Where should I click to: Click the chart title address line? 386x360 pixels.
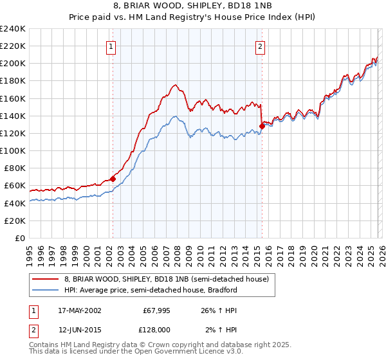click(194, 6)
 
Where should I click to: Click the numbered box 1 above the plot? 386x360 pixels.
click(112, 46)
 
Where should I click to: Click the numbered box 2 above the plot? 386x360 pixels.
click(261, 46)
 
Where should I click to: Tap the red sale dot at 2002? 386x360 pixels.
click(113, 179)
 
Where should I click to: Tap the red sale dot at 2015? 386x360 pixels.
click(262, 126)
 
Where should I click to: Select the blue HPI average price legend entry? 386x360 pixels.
click(151, 290)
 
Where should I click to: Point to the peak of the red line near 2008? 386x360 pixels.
click(174, 84)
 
